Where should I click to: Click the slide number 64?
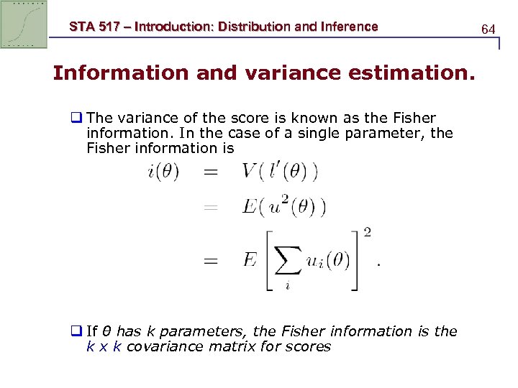tap(489, 29)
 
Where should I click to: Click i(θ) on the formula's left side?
tap(163, 172)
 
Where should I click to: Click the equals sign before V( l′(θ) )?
tap(210, 173)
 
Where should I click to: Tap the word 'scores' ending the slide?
tap(306, 347)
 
